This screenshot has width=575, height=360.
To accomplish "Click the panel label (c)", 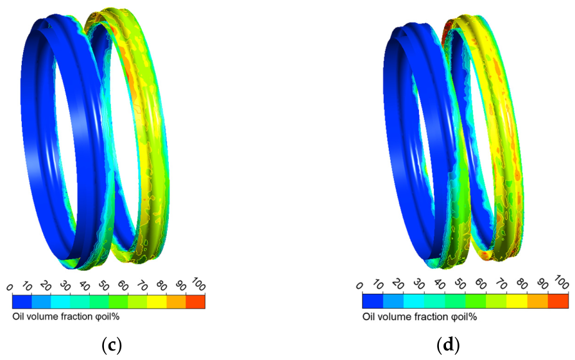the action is [111, 345].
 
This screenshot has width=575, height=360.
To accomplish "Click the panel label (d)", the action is [448, 345].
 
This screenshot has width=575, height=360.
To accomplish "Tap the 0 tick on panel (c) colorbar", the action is [10, 287].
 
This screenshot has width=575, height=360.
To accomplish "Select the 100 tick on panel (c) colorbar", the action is [198, 284].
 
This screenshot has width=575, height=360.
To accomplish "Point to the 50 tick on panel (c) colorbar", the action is [103, 286].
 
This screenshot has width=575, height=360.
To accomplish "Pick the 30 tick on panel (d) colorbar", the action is [419, 285].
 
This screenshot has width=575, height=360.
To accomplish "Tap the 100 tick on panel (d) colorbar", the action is [562, 282].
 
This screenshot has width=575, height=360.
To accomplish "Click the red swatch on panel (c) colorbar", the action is [196, 302].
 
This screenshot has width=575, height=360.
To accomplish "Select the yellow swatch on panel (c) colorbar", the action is [157, 302].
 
